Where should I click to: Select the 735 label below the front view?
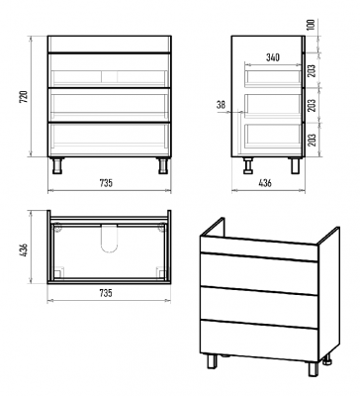tap(106, 182)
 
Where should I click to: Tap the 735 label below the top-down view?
tap(106, 292)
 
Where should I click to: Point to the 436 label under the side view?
tap(265, 182)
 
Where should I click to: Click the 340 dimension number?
tap(273, 57)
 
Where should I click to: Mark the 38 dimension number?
tap(221, 105)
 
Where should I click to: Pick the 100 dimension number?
tap(312, 25)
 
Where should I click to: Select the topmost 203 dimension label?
tap(312, 70)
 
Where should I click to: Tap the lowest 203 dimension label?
tap(312, 140)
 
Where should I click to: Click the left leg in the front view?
tap(58, 165)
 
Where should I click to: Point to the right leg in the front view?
tap(162, 165)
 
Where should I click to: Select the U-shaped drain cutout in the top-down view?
tap(109, 239)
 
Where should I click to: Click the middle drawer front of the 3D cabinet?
tap(259, 307)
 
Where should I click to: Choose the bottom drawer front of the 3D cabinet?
tap(259, 340)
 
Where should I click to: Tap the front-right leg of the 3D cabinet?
tap(314, 369)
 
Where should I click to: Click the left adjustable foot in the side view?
tap(247, 165)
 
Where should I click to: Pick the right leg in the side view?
tap(295, 165)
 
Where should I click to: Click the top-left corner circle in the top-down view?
tap(57, 227)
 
